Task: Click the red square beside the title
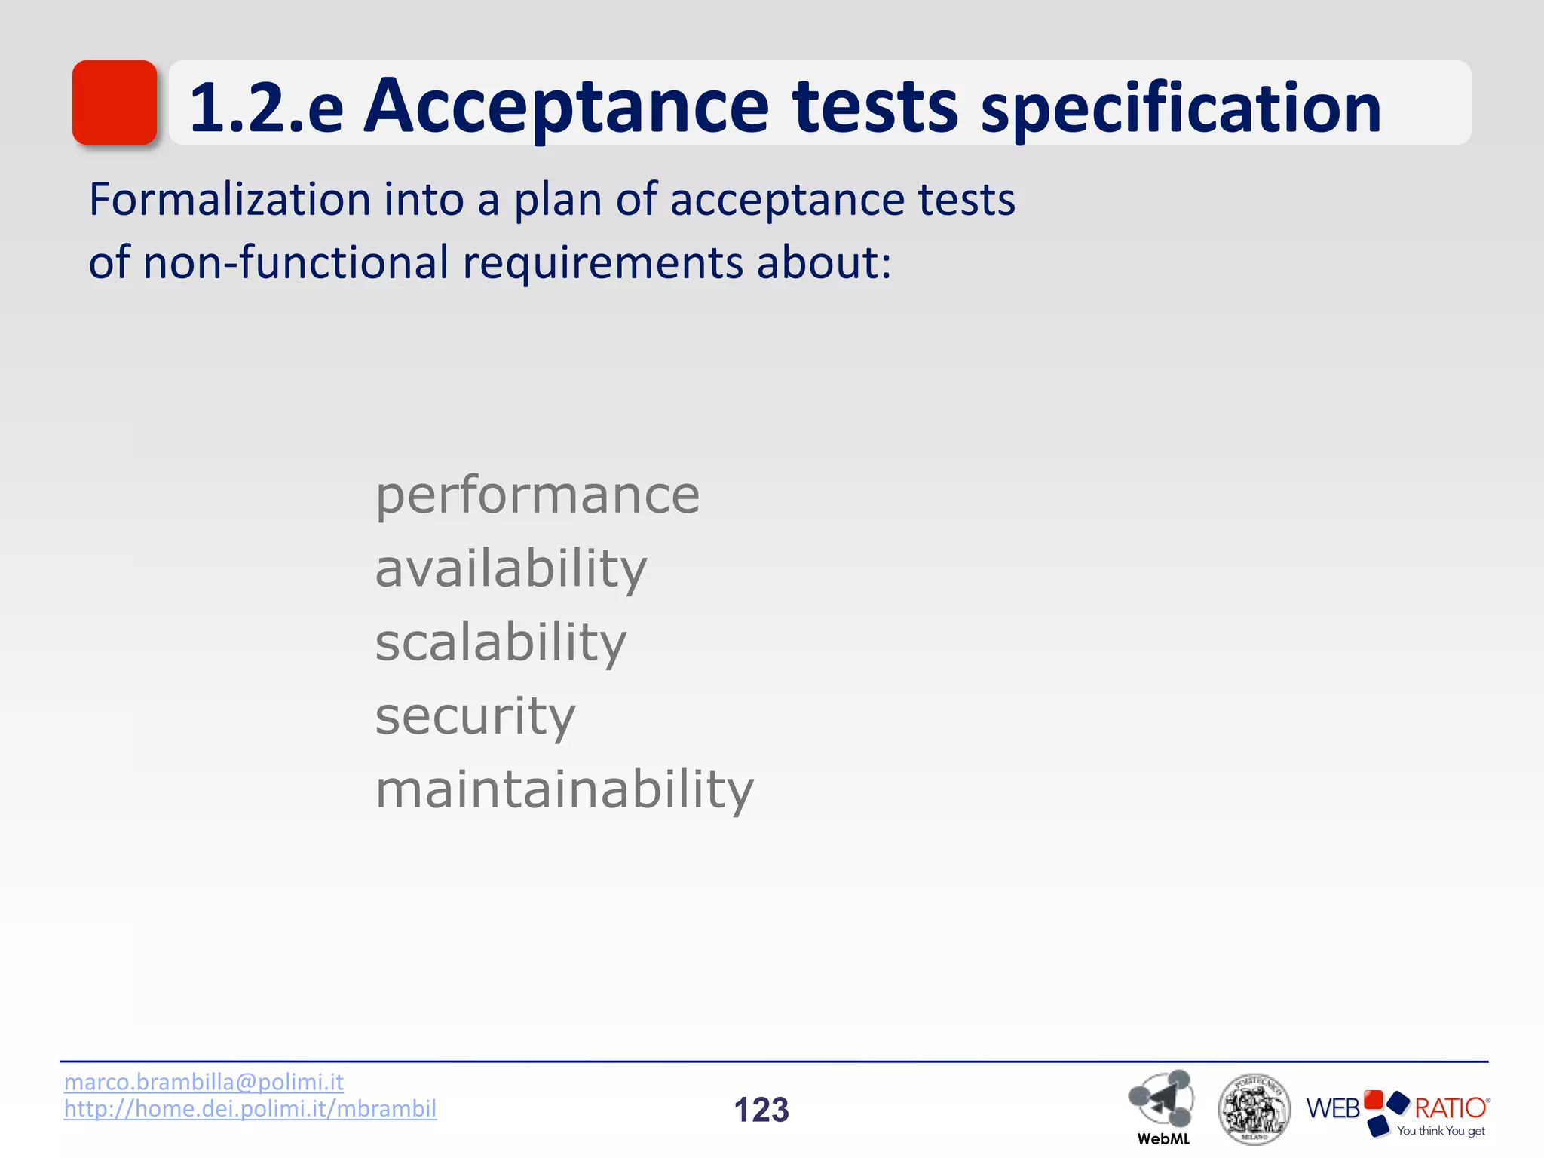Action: click(115, 103)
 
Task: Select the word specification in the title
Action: click(1181, 110)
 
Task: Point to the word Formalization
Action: click(229, 200)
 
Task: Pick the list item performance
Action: click(538, 496)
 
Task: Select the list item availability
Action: click(511, 569)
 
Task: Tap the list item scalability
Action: click(501, 642)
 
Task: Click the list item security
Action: click(475, 716)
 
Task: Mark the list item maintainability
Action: click(564, 789)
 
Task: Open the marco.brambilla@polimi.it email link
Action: click(204, 1082)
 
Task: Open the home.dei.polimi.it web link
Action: click(250, 1109)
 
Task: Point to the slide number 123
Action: click(761, 1110)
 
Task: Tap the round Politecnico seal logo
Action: click(1254, 1109)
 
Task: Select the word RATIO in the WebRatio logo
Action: click(1450, 1108)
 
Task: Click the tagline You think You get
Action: click(1440, 1131)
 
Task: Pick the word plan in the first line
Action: click(558, 201)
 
